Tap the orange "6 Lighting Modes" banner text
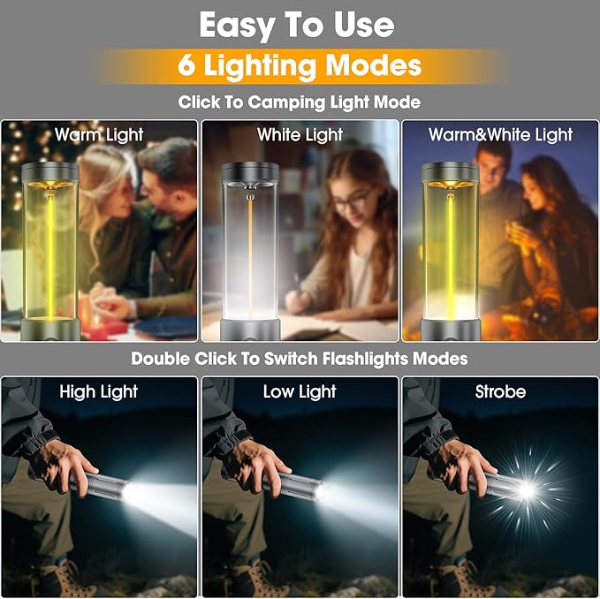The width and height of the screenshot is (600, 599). click(x=300, y=65)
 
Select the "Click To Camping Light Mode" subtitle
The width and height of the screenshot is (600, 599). click(x=300, y=102)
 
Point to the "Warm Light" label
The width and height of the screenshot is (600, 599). click(x=99, y=135)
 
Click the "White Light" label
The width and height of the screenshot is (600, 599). click(x=300, y=135)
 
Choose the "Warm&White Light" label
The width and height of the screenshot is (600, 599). click(x=500, y=135)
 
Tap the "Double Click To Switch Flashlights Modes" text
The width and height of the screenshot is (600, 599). click(x=300, y=359)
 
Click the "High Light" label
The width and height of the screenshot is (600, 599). click(x=99, y=391)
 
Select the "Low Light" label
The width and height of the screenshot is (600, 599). click(x=300, y=391)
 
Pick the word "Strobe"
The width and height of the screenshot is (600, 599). click(x=500, y=391)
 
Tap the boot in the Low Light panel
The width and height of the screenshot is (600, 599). click(x=251, y=579)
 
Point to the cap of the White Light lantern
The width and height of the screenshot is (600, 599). click(x=250, y=172)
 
